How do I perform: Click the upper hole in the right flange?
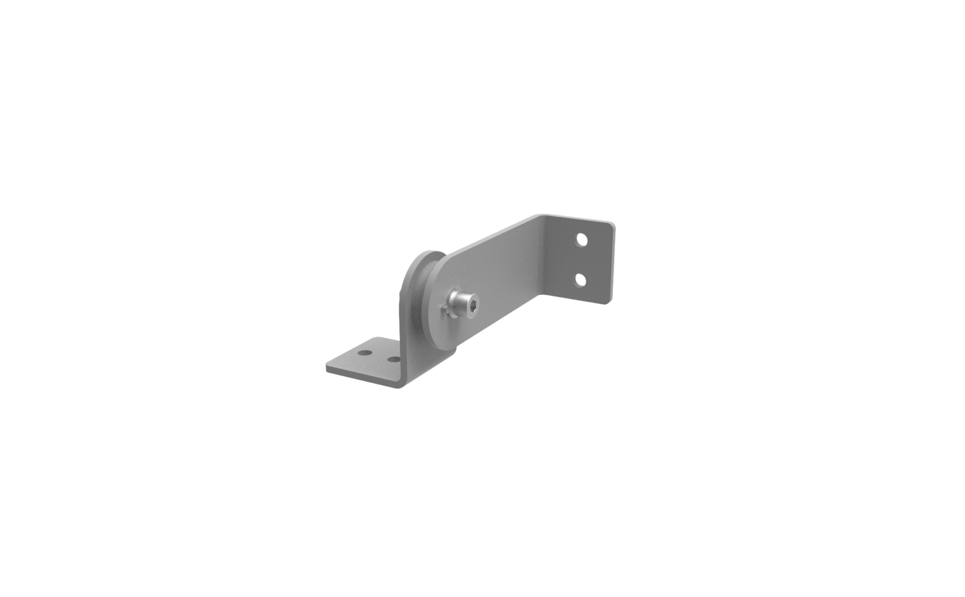(582, 239)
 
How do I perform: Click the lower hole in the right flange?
(580, 281)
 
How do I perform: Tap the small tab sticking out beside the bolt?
(444, 309)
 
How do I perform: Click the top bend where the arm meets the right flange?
(548, 222)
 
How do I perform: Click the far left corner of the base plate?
(327, 366)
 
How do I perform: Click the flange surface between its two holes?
(582, 260)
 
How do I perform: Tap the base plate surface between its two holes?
(379, 356)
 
